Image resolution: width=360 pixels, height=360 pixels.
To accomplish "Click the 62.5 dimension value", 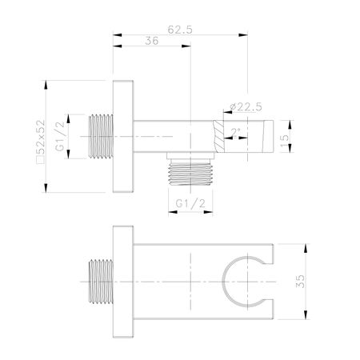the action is (x=180, y=30).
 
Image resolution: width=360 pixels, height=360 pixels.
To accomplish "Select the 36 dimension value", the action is (x=152, y=41).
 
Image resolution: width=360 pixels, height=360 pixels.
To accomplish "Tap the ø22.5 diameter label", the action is (x=246, y=106).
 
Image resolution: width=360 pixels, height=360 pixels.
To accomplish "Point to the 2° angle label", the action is (x=236, y=132).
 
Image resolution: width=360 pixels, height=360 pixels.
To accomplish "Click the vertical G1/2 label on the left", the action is (x=60, y=136).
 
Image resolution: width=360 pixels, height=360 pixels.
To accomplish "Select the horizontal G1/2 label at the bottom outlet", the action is (x=190, y=203).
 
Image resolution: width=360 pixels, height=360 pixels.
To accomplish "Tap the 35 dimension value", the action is (x=300, y=282).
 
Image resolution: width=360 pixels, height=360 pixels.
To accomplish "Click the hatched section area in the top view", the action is (x=218, y=137).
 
